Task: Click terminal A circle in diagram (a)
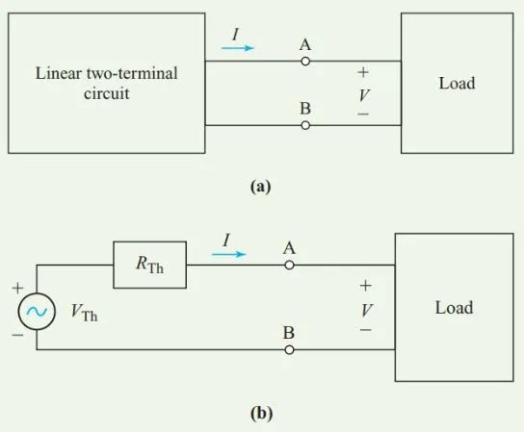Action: click(x=305, y=62)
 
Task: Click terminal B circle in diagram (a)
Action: click(x=305, y=125)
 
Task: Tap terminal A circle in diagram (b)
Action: click(x=289, y=266)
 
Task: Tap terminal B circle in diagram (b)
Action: click(x=289, y=350)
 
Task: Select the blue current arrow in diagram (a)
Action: click(x=238, y=48)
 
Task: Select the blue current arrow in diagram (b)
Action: click(x=229, y=254)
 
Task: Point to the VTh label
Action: click(x=84, y=313)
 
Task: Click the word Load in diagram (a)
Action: click(x=457, y=83)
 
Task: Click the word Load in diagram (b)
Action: click(x=454, y=308)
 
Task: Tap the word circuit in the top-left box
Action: click(x=107, y=93)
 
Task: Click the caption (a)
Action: click(x=261, y=187)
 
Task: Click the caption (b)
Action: click(x=261, y=414)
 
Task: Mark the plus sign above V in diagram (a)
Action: click(x=363, y=72)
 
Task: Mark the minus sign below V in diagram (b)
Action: click(x=366, y=330)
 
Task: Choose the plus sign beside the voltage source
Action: click(x=17, y=288)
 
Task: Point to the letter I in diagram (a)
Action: click(x=236, y=34)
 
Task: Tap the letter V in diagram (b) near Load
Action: click(x=367, y=310)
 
